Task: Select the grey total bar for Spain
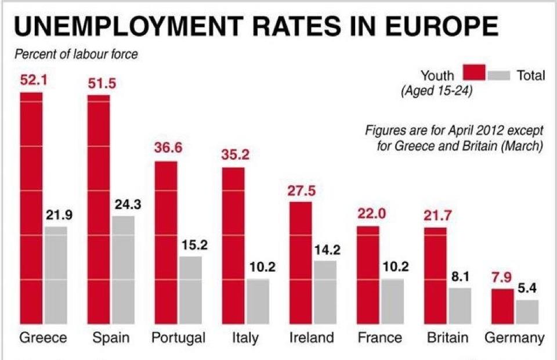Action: [123, 269]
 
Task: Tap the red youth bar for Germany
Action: [502, 306]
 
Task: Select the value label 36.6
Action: [168, 148]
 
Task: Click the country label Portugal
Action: [178, 338]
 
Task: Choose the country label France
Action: [379, 338]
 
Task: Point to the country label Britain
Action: [447, 338]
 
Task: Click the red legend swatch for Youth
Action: [474, 74]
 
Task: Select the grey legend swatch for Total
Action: [498, 75]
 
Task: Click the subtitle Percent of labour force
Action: [75, 55]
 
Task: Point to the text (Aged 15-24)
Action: [435, 91]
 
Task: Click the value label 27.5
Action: [304, 191]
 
